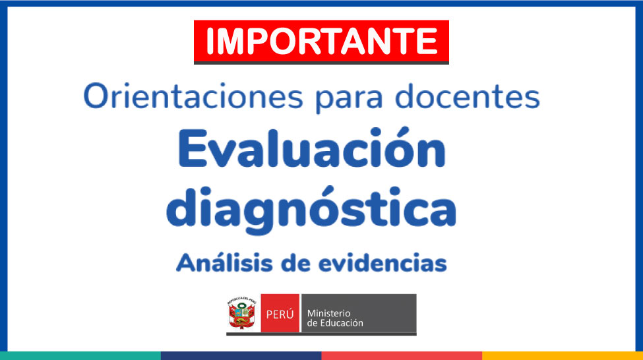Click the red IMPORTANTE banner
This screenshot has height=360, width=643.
tap(321, 42)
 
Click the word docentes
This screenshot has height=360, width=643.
tap(467, 97)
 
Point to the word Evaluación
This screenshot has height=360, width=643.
tap(312, 148)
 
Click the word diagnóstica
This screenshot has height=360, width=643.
tap(311, 210)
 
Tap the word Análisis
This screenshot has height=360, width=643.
tap(224, 262)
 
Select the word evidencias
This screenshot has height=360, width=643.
tap(383, 263)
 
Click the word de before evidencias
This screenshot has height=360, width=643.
tap(295, 263)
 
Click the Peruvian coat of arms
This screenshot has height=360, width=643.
tap(242, 313)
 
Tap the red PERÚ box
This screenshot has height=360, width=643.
tap(280, 314)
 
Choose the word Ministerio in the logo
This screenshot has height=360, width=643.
tap(329, 313)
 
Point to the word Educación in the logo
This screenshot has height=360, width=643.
tap(342, 323)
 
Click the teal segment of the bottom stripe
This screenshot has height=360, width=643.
tap(80, 355)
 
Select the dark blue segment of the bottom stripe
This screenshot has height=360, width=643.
tap(241, 355)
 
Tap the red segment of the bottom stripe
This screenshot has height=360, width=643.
tap(402, 355)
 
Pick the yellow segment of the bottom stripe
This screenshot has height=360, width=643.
tap(563, 355)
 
